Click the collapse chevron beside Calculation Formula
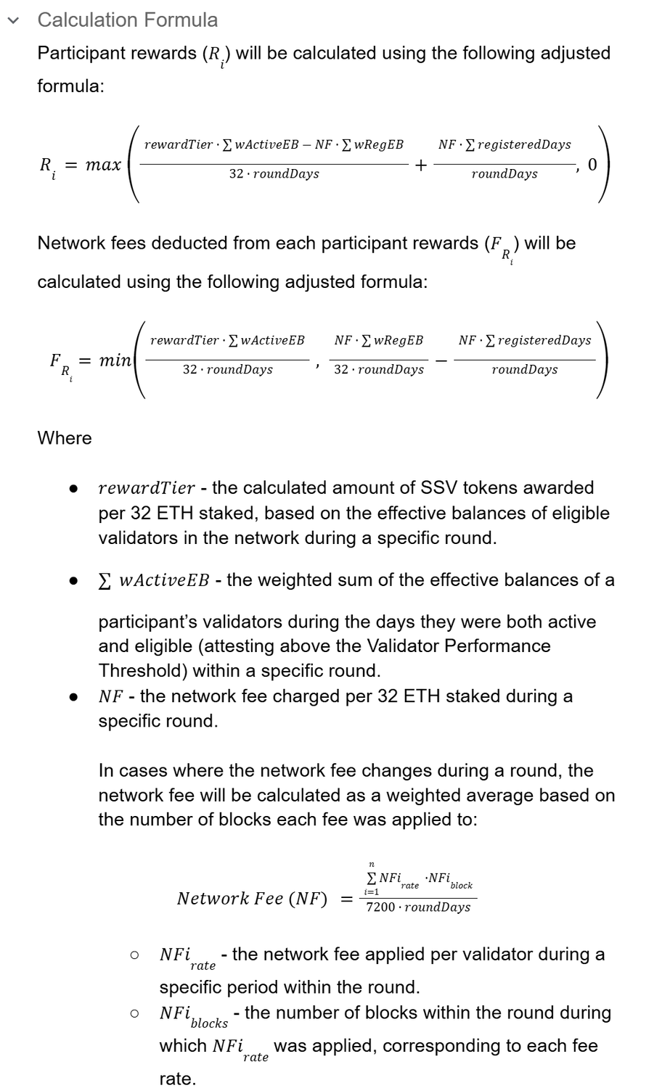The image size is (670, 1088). (x=13, y=20)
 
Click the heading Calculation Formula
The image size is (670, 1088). (x=127, y=20)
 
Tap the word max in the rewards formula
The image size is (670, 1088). (x=103, y=165)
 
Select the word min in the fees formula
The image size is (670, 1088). (x=115, y=360)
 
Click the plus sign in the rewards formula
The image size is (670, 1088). (x=421, y=165)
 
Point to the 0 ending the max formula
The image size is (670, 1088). (x=592, y=165)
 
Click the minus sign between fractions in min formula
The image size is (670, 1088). (x=441, y=360)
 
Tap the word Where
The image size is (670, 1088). (x=65, y=438)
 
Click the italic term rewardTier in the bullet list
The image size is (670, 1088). (x=147, y=487)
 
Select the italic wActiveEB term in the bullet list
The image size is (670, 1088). (x=163, y=580)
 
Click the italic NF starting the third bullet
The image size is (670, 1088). (x=110, y=696)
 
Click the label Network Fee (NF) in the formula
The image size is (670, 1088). (x=252, y=899)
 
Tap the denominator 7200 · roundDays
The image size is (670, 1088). (x=418, y=907)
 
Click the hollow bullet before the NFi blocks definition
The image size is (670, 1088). (x=134, y=1013)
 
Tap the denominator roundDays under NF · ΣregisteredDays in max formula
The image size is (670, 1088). (x=504, y=174)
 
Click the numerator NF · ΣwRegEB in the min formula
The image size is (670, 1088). (x=378, y=340)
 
